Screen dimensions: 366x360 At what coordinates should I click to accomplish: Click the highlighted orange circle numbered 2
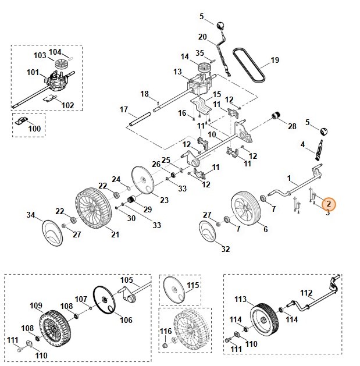329,203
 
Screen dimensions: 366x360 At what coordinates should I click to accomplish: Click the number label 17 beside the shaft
123,109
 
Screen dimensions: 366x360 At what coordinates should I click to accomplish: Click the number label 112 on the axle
306,293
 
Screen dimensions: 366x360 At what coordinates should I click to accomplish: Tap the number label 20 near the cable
202,37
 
